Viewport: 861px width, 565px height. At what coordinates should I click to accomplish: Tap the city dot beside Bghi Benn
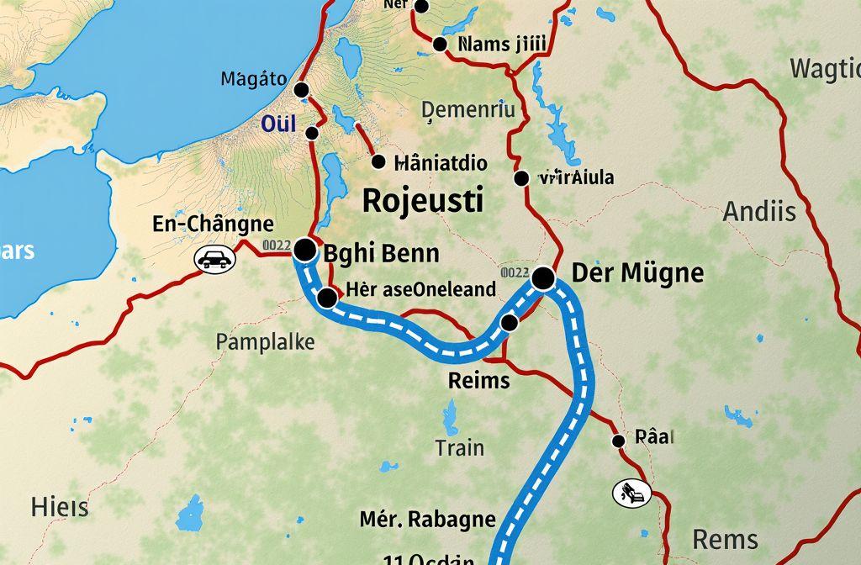pyautogui.click(x=304, y=249)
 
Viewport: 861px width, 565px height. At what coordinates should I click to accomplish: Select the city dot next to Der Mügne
pyautogui.click(x=543, y=277)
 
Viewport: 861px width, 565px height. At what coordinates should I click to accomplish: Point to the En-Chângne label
pyautogui.click(x=214, y=224)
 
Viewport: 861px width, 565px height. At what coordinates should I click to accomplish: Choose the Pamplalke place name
pyautogui.click(x=265, y=342)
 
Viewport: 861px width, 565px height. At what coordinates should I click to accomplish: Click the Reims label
pyautogui.click(x=478, y=380)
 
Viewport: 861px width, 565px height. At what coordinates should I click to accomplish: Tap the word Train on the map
pyautogui.click(x=460, y=447)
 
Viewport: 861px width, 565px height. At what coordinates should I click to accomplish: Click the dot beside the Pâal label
pyautogui.click(x=618, y=440)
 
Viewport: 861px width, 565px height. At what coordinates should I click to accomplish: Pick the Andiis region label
pyautogui.click(x=759, y=212)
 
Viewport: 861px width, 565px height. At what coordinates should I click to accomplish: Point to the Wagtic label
pyautogui.click(x=825, y=71)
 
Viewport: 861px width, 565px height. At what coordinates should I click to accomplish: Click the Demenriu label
pyautogui.click(x=467, y=109)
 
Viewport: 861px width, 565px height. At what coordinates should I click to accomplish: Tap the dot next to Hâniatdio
pyautogui.click(x=378, y=162)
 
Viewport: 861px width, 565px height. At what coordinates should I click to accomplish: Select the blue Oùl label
pyautogui.click(x=279, y=124)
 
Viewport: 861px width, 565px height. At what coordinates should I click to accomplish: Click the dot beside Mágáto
pyautogui.click(x=301, y=90)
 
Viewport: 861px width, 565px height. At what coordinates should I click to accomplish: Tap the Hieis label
pyautogui.click(x=60, y=508)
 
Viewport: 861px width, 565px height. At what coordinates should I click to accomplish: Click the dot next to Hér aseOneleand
pyautogui.click(x=327, y=297)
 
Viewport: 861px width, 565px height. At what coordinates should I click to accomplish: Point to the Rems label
pyautogui.click(x=725, y=539)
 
